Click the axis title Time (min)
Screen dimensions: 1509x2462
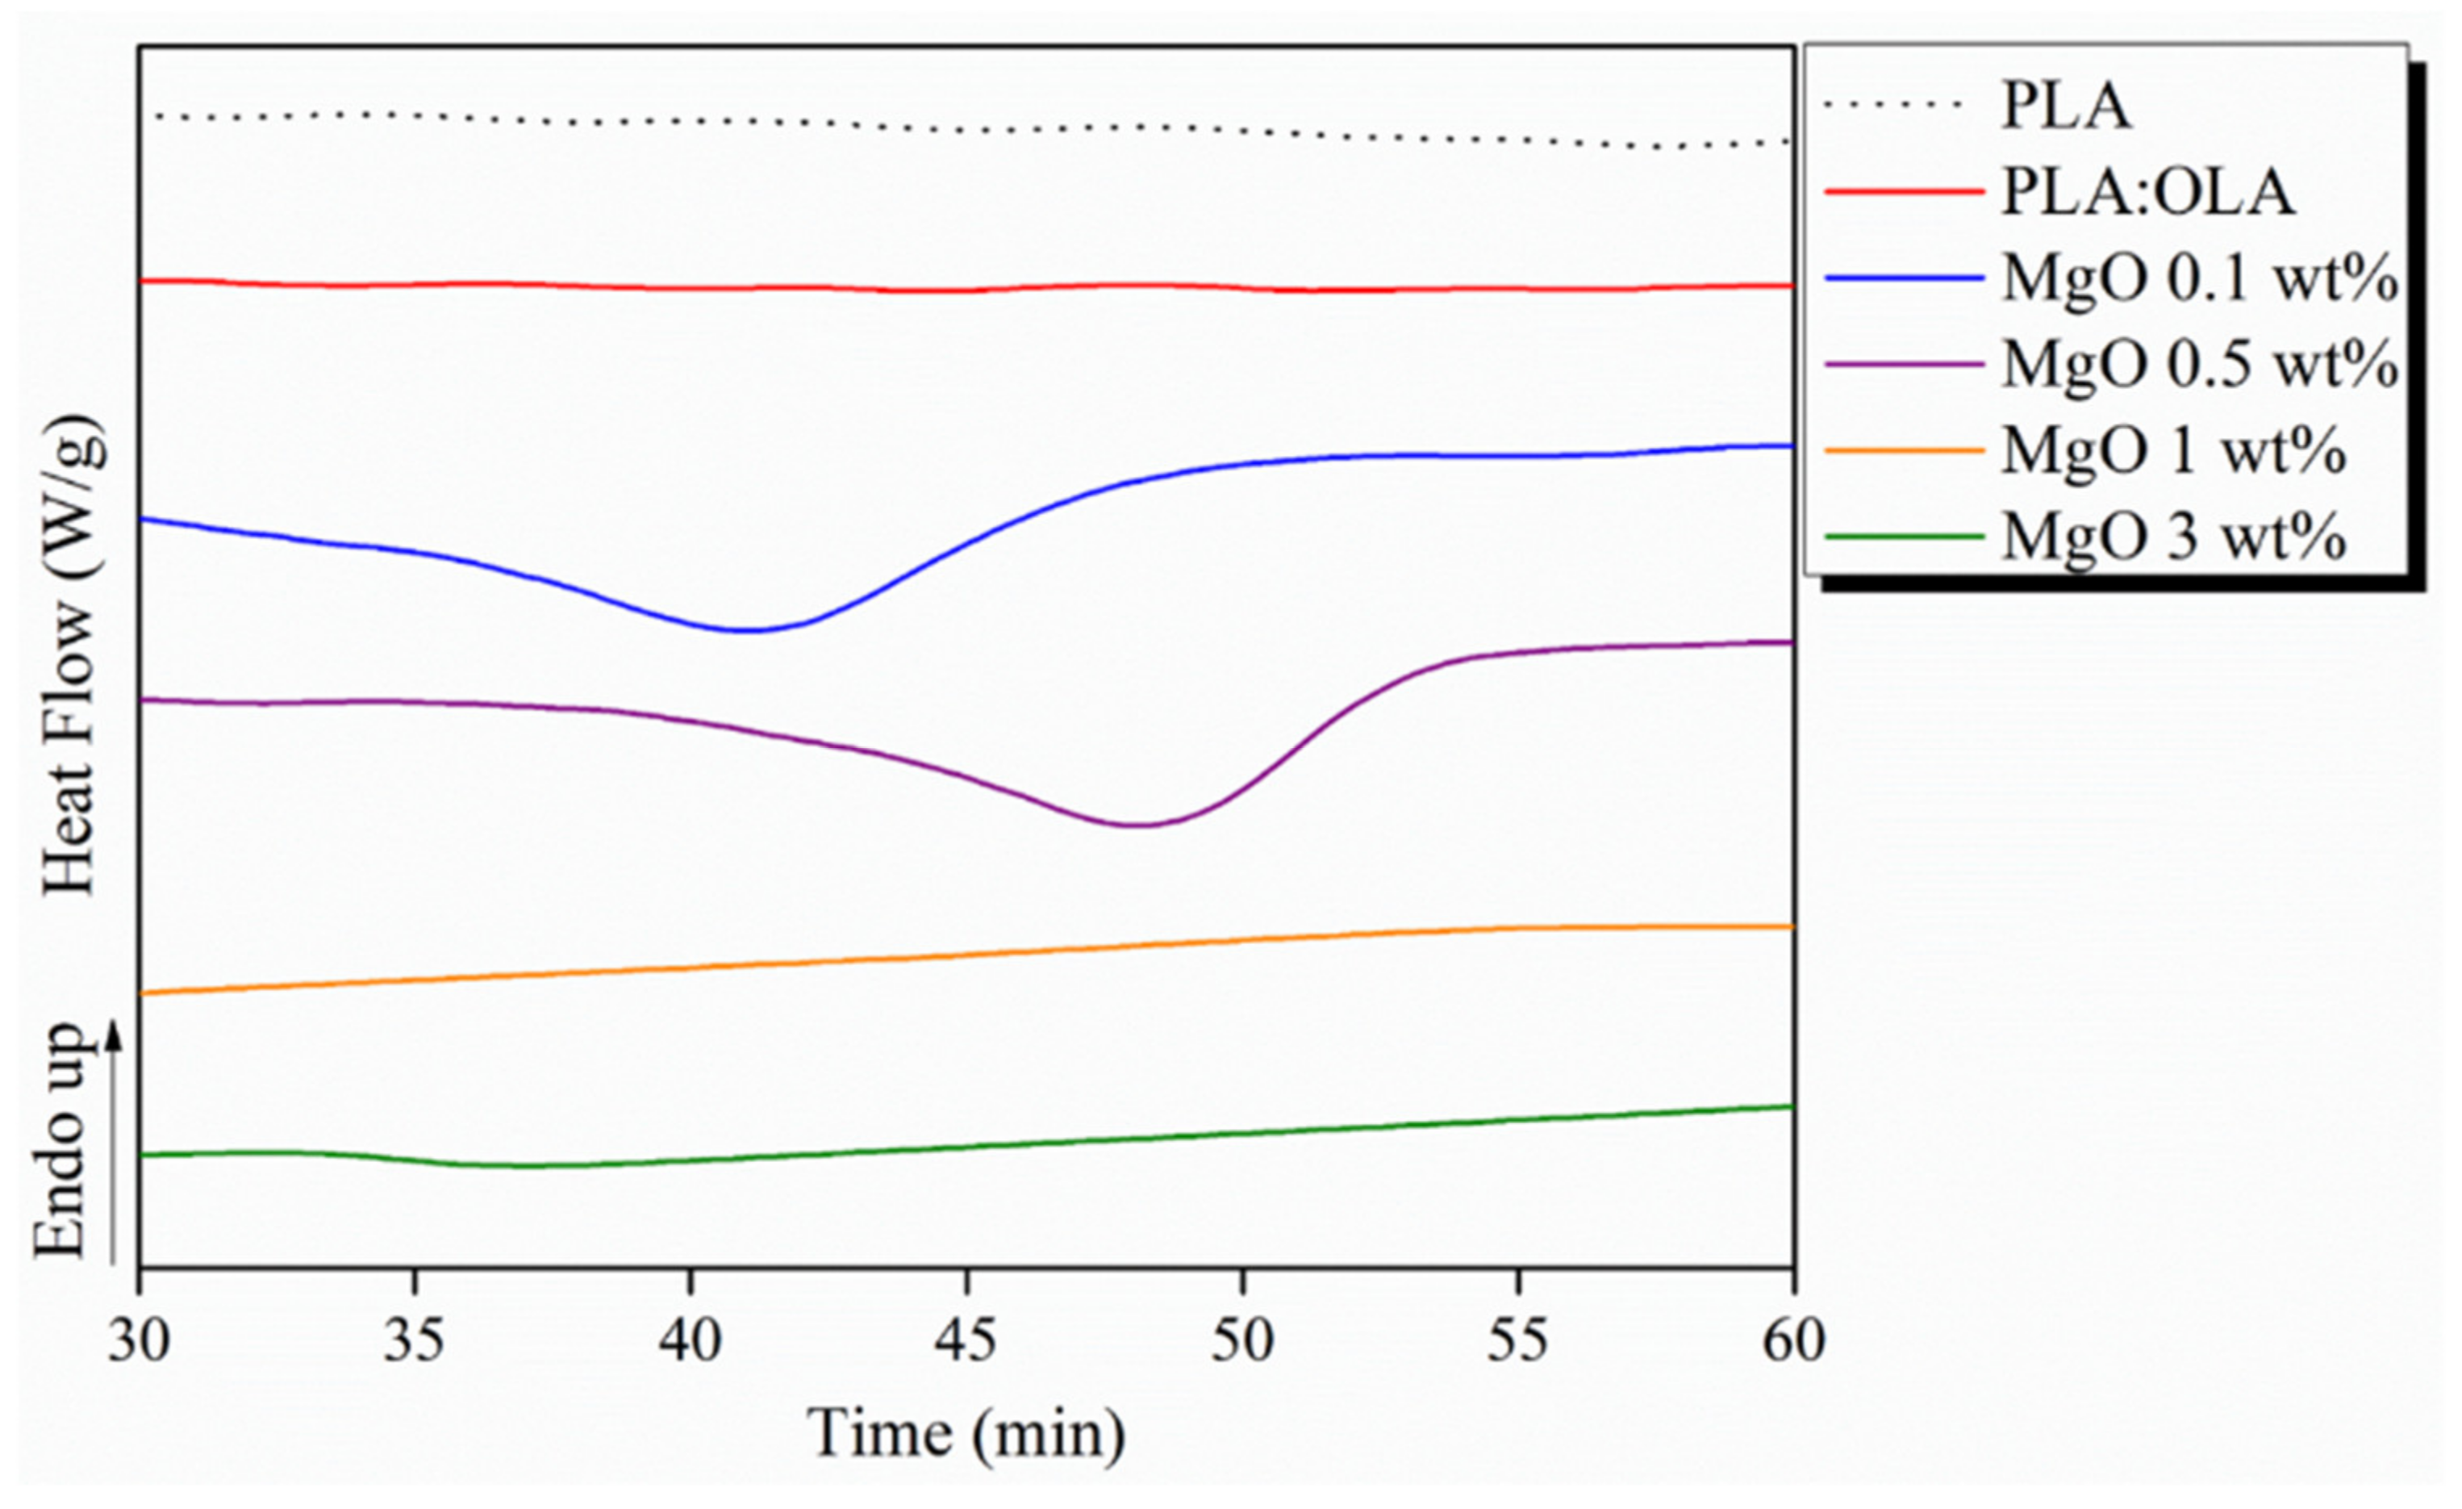coord(966,1434)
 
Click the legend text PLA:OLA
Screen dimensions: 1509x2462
coord(2148,192)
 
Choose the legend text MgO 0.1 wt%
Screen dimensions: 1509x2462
coord(2198,279)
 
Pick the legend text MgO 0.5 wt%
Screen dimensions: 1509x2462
coord(2198,365)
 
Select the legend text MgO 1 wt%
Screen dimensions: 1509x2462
coord(2173,452)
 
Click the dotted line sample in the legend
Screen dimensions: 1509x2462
coord(1904,104)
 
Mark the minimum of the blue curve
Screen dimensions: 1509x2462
coord(745,630)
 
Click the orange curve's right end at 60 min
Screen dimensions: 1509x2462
coord(1792,926)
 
